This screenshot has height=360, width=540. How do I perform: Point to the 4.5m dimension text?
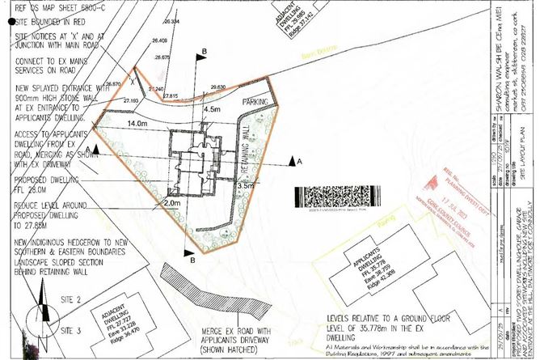[213, 108]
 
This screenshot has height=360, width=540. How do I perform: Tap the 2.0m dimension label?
[171, 203]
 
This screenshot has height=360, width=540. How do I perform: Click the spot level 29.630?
[217, 87]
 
